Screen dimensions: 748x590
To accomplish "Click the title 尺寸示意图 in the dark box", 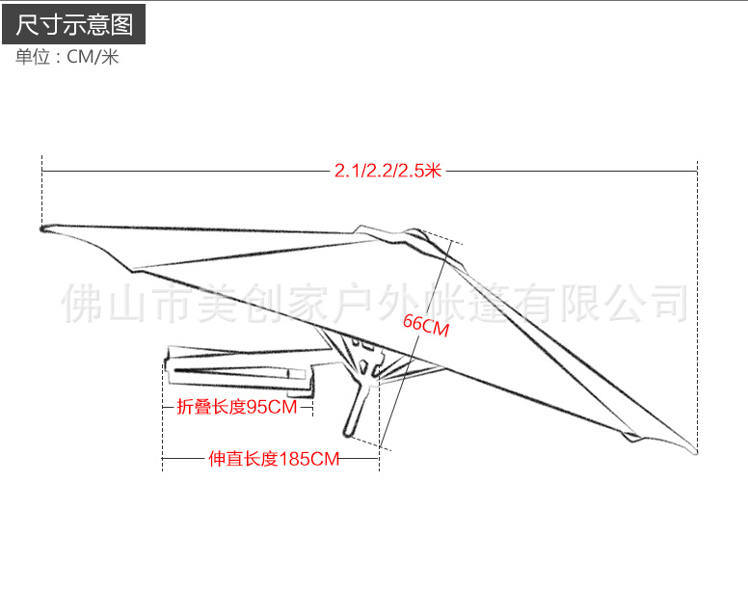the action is point(73,23).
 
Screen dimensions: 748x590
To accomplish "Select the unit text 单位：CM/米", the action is point(67,58).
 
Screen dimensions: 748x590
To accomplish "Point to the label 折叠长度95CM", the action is point(237,407).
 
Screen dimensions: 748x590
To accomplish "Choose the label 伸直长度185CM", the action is point(274,460).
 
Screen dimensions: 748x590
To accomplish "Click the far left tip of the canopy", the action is point(44,228).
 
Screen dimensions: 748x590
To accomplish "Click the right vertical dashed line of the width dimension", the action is point(697,289).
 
